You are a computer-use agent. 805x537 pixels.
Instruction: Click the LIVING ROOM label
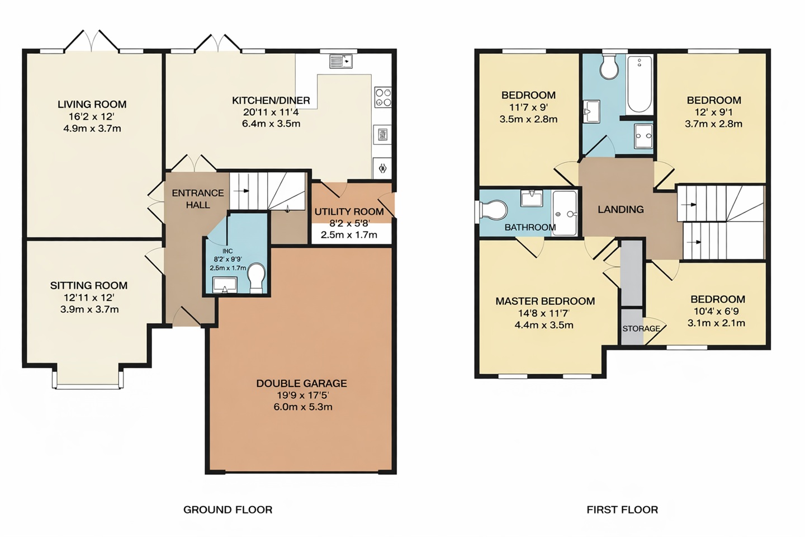coord(92,105)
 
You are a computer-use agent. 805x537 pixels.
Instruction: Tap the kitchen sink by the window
coord(340,61)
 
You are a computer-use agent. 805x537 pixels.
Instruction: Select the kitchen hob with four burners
coord(383,97)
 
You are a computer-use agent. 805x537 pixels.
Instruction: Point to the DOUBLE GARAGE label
coord(301,384)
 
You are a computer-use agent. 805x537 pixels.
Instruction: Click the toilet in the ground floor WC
coord(256,277)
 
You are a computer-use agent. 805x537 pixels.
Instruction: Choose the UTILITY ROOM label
coord(349,212)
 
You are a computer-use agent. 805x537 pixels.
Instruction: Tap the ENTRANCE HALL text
coord(198,199)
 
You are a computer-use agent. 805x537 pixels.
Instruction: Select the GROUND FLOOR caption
coord(228,510)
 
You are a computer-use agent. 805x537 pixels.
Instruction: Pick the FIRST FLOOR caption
coord(622,510)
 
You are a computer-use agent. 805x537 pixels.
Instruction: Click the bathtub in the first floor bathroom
coord(640,84)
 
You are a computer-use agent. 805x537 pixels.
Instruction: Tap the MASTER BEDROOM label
coord(545,302)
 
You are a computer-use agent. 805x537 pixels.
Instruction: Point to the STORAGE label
coord(641,328)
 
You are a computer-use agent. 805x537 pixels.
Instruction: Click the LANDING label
coord(621,210)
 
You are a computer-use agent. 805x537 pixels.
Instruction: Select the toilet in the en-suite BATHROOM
coord(494,210)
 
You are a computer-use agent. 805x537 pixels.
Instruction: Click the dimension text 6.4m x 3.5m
coord(271,124)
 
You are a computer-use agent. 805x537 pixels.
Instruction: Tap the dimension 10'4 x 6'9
coord(716,312)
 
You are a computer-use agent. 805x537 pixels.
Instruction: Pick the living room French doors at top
coord(92,42)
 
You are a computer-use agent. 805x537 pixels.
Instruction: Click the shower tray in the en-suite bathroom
coord(565,213)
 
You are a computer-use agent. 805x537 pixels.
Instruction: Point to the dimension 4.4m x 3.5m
coord(544,325)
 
